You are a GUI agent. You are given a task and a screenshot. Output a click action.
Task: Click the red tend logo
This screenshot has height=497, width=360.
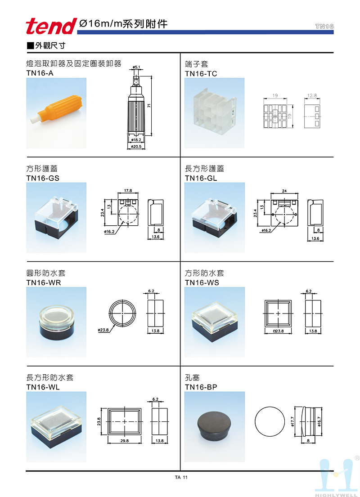pos(51,26)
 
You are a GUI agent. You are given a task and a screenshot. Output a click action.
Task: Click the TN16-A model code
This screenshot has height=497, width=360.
pos(40,73)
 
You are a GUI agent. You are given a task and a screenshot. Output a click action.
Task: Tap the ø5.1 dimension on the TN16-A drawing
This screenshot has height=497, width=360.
pos(136,67)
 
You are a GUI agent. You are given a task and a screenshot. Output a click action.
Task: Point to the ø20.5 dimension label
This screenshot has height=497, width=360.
pos(136,147)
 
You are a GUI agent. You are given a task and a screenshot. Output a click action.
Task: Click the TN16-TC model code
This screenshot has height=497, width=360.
pos(201,73)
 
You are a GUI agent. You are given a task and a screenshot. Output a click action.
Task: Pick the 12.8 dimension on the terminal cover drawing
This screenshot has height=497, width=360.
pos(312,95)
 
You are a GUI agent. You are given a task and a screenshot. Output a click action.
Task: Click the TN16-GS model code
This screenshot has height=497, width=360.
pos(43,178)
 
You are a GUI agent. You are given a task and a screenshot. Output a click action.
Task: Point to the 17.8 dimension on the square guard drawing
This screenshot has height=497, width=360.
pos(128,191)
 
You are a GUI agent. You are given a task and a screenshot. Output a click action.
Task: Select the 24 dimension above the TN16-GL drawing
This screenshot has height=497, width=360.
pos(284,191)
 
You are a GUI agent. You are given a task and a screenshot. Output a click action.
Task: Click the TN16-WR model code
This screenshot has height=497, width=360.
pos(44,283)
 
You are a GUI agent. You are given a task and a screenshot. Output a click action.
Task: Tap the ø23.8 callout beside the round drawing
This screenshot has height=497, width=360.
pos(103,330)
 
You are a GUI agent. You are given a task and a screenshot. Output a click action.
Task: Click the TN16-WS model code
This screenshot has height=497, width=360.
pos(202,283)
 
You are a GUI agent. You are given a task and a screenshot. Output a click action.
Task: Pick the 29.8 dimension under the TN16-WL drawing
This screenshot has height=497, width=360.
pos(125,441)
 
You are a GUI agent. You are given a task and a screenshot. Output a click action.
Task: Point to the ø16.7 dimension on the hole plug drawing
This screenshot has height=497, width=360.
pos(319,421)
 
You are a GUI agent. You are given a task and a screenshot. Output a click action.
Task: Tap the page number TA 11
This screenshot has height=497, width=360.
pos(181,477)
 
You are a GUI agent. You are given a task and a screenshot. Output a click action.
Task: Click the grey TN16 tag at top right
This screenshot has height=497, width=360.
pos(324,26)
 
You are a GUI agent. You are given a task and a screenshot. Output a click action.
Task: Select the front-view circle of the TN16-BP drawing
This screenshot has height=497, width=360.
pos(270,407)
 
